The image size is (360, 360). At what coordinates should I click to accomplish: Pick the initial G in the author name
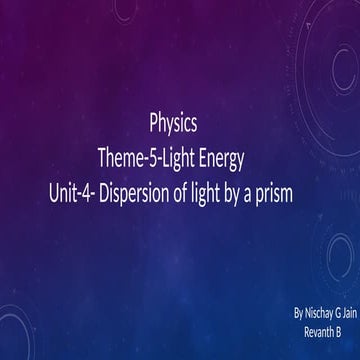341,313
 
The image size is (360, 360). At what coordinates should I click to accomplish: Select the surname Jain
352,313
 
